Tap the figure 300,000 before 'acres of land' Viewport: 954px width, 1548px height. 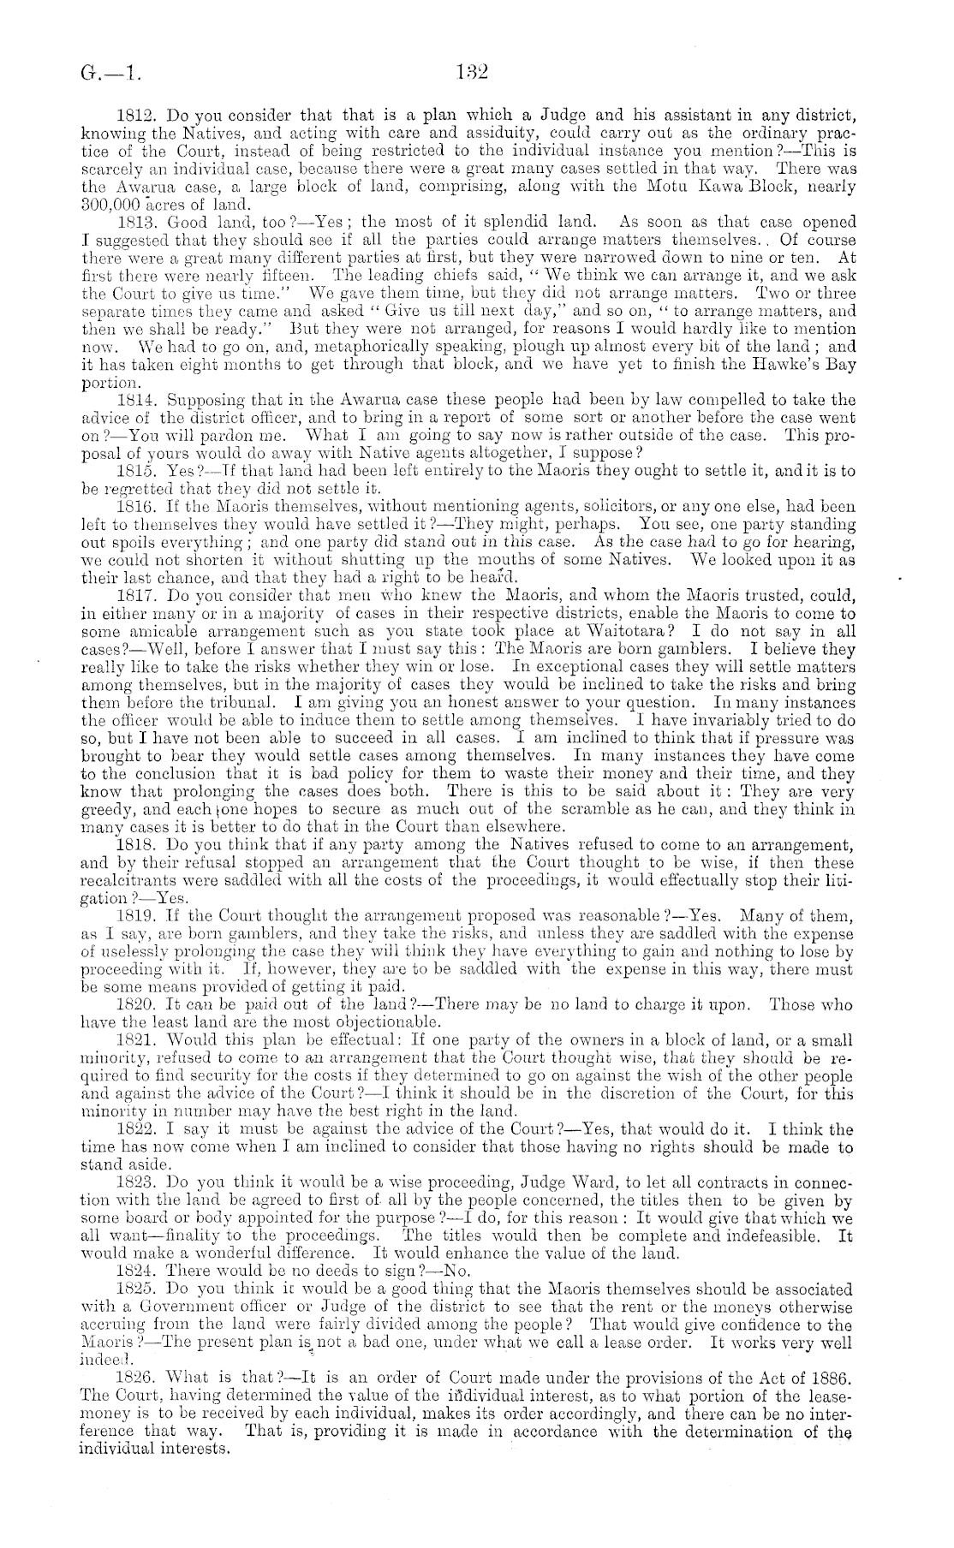111,203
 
